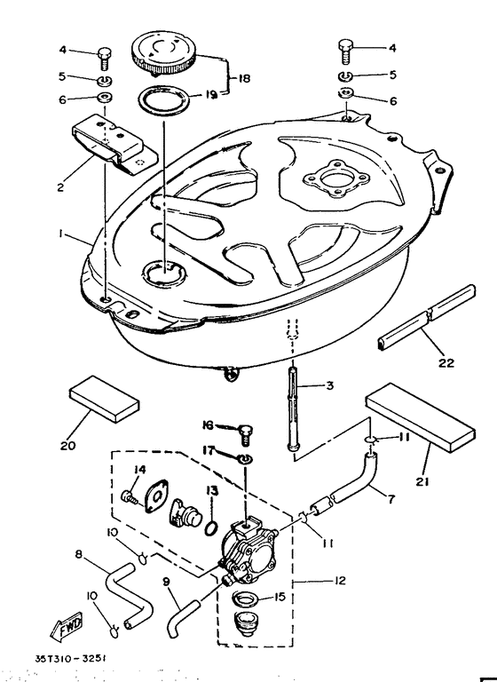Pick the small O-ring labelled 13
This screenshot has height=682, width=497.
point(210,528)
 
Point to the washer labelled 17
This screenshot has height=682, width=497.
point(245,458)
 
